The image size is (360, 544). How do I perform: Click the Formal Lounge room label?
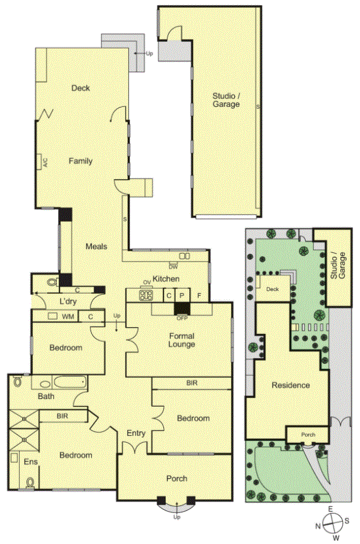[x=182, y=340]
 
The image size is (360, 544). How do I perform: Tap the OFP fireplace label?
[x=182, y=318]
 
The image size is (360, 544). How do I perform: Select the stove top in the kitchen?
[x=146, y=295]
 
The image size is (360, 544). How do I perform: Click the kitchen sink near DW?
[x=184, y=256]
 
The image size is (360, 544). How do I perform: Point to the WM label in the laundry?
[x=68, y=316]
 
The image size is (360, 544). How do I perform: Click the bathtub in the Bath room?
[x=70, y=382]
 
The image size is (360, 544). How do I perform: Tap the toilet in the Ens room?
[x=30, y=483]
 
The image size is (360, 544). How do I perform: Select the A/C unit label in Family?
[x=45, y=163]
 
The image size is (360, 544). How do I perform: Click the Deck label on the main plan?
[x=80, y=88]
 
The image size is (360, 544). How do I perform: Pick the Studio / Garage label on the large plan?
[x=226, y=100]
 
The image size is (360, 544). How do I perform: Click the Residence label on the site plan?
[x=290, y=385]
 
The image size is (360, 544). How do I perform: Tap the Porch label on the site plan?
[x=308, y=435]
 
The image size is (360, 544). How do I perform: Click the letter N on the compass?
[x=318, y=526]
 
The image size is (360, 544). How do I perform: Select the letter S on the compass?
[x=347, y=521]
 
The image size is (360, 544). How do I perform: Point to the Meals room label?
[x=96, y=246]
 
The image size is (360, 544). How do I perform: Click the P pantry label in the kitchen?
[x=182, y=295]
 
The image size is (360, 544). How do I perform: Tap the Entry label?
[x=136, y=433]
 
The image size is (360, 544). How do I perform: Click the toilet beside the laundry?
[x=53, y=282]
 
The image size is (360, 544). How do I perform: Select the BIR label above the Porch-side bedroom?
[x=192, y=383]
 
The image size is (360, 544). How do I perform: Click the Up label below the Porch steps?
[x=177, y=517]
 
